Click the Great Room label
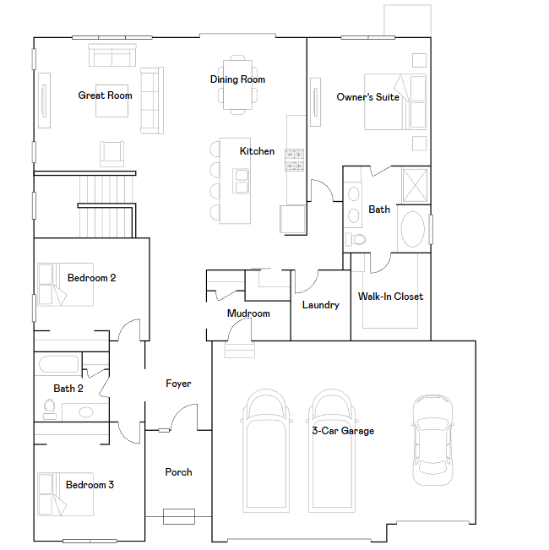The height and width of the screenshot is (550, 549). tap(105, 95)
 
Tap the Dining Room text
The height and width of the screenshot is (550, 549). tap(237, 79)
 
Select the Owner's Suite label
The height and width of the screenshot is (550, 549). tap(367, 97)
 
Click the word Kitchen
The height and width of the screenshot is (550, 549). tap(257, 151)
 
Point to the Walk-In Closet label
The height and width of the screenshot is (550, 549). tap(390, 297)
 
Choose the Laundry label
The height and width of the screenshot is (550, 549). tap(320, 305)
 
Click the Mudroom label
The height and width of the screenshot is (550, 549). tap(248, 313)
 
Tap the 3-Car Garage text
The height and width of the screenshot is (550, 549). tap(342, 431)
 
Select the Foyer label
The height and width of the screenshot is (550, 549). tap(178, 384)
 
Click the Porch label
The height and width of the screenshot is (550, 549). tap(178, 472)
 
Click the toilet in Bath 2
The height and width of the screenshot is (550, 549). tap(49, 409)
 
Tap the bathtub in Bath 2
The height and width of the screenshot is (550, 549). tap(58, 365)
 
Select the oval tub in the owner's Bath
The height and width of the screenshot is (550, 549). tap(412, 229)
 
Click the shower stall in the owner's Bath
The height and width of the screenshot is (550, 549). tap(415, 183)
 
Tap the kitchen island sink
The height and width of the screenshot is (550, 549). tap(242, 181)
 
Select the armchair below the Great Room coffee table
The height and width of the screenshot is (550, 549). tap(112, 153)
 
